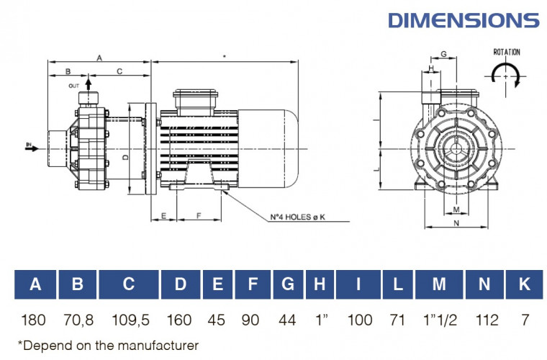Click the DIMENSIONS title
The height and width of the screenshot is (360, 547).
pos(463,19)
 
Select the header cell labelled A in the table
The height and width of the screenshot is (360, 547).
pos(35,284)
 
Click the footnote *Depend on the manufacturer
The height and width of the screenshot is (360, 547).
pos(107,346)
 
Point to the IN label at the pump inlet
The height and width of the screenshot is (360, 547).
pos(30,146)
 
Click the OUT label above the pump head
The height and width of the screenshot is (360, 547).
pos(74,86)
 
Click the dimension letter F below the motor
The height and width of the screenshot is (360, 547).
pos(198,215)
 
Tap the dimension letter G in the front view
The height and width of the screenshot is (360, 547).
pos(443,54)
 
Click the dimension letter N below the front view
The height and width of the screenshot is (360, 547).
pos(456,223)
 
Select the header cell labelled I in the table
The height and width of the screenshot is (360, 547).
pos(358,284)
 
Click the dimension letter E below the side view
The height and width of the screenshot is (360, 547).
pos(163,215)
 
